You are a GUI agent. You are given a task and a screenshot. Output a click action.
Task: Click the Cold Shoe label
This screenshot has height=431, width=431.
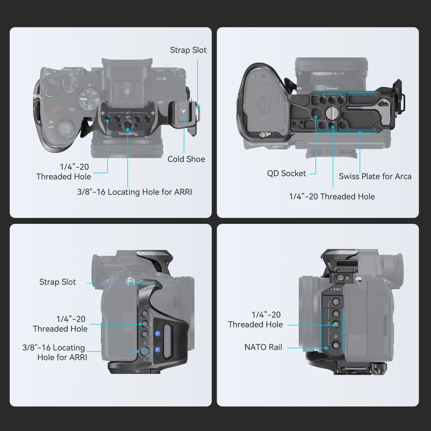coord(186,159)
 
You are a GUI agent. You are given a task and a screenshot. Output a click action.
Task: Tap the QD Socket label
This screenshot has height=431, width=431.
coord(286,173)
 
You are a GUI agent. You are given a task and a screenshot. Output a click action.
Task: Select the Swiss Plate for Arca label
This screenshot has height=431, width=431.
coord(375,176)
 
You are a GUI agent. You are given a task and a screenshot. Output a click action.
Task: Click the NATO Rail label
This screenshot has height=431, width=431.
coord(263,347)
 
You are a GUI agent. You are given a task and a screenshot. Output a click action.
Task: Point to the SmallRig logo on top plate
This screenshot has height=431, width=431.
coord(128,134)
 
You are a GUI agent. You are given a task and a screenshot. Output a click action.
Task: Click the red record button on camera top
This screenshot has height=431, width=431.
coord(56,110)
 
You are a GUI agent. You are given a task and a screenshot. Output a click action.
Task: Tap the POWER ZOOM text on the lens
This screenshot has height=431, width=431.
coord(322,74)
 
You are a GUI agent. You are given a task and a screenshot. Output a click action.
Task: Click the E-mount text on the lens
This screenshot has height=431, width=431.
coord(332,88)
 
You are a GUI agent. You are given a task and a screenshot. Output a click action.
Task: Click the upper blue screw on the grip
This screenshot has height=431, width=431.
coord(158,334)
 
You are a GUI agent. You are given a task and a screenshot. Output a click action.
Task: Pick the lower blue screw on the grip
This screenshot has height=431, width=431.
coord(158,350)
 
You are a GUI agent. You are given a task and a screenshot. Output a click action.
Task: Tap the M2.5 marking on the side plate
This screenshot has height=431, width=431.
coord(338,289)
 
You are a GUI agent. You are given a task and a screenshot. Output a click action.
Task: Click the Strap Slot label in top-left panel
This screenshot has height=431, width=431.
coord(188,50)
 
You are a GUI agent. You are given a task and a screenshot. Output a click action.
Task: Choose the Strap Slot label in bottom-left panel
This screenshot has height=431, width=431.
coord(58,282)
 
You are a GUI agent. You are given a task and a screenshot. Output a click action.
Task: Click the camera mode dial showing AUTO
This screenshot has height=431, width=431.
coord(89,99)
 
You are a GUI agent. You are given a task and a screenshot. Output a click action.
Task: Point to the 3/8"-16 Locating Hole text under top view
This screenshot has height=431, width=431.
coord(134,192)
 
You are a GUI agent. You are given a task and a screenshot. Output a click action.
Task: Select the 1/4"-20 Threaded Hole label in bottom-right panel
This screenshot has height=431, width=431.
coord(255,320)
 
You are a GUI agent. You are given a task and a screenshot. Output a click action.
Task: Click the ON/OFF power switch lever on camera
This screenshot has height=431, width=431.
coord(66,128)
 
